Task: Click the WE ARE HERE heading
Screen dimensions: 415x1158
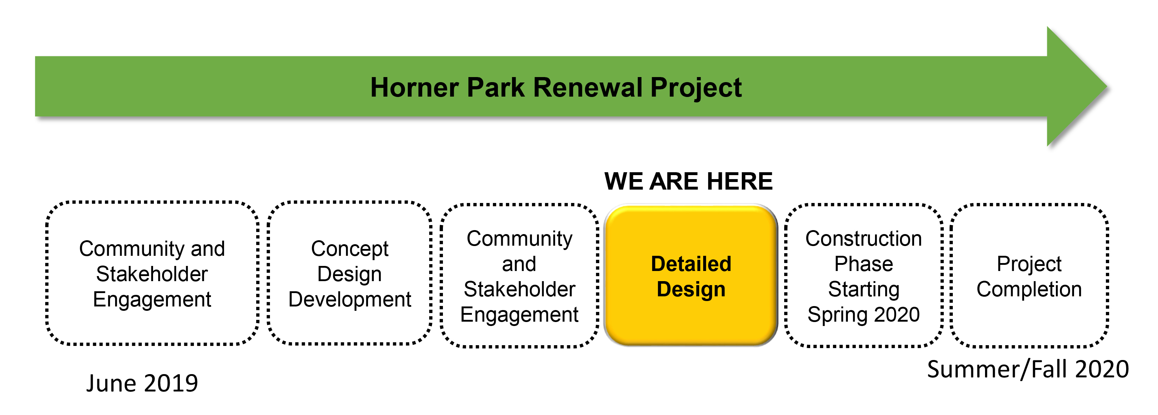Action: (688, 181)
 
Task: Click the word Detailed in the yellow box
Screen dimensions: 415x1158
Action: (691, 264)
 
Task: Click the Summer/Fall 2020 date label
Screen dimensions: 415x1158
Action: (1028, 369)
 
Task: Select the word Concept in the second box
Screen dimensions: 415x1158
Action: (350, 249)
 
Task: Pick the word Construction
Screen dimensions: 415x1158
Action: (863, 238)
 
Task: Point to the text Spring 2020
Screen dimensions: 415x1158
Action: (863, 314)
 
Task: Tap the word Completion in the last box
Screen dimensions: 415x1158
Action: (1028, 289)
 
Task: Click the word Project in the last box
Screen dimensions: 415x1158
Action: (1028, 264)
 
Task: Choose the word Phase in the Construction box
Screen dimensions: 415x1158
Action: (863, 264)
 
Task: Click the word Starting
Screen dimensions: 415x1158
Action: (863, 289)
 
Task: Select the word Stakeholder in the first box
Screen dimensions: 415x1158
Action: (152, 274)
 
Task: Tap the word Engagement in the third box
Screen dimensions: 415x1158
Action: (519, 314)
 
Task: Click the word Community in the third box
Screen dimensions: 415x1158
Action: (519, 238)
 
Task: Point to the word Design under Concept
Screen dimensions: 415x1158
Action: (350, 274)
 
